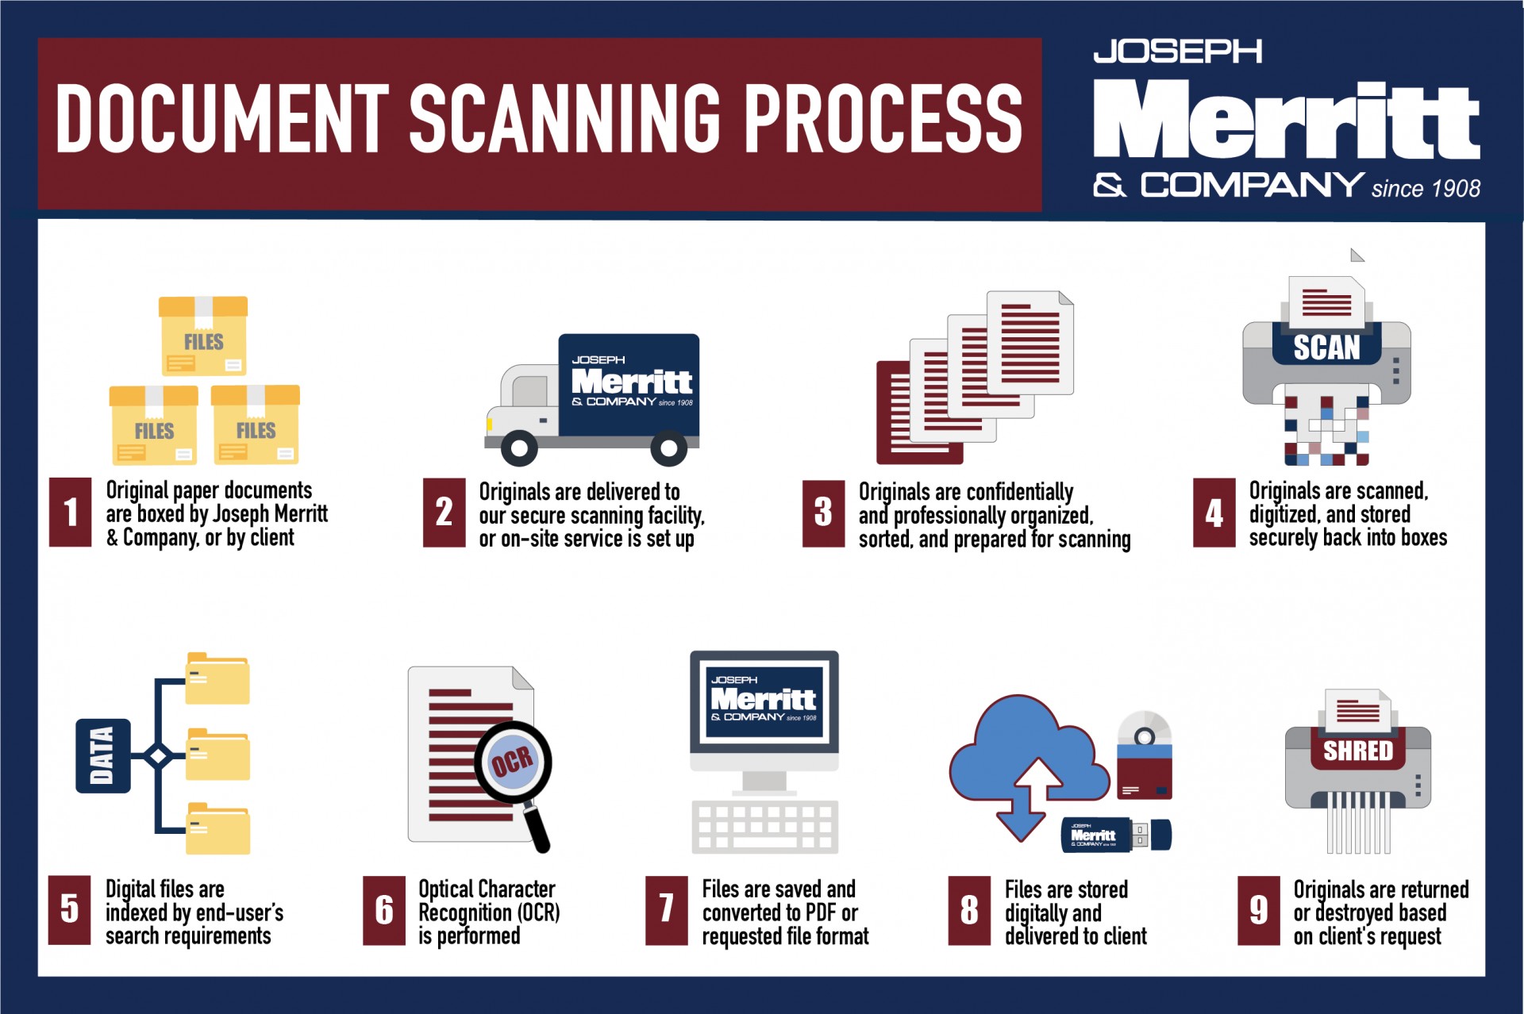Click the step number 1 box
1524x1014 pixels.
[x=70, y=512]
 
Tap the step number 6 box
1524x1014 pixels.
[x=384, y=910]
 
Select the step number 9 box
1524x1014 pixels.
[x=1259, y=910]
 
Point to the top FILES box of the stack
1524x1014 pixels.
[x=203, y=336]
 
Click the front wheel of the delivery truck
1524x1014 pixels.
[x=519, y=448]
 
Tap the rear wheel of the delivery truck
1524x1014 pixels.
[x=668, y=448]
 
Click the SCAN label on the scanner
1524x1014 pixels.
[x=1326, y=347]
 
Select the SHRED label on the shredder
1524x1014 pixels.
[x=1357, y=750]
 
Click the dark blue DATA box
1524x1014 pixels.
[x=102, y=755]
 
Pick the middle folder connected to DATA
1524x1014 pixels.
[x=217, y=755]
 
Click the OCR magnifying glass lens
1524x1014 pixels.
[x=513, y=762]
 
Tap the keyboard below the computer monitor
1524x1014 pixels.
[x=764, y=826]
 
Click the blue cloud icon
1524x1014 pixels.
[x=1024, y=754]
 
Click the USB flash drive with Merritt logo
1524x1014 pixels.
[x=1115, y=835]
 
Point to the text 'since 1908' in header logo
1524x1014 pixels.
[x=1426, y=189]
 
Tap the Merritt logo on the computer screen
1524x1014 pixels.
[x=764, y=699]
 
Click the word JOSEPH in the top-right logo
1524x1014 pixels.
[x=1177, y=52]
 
